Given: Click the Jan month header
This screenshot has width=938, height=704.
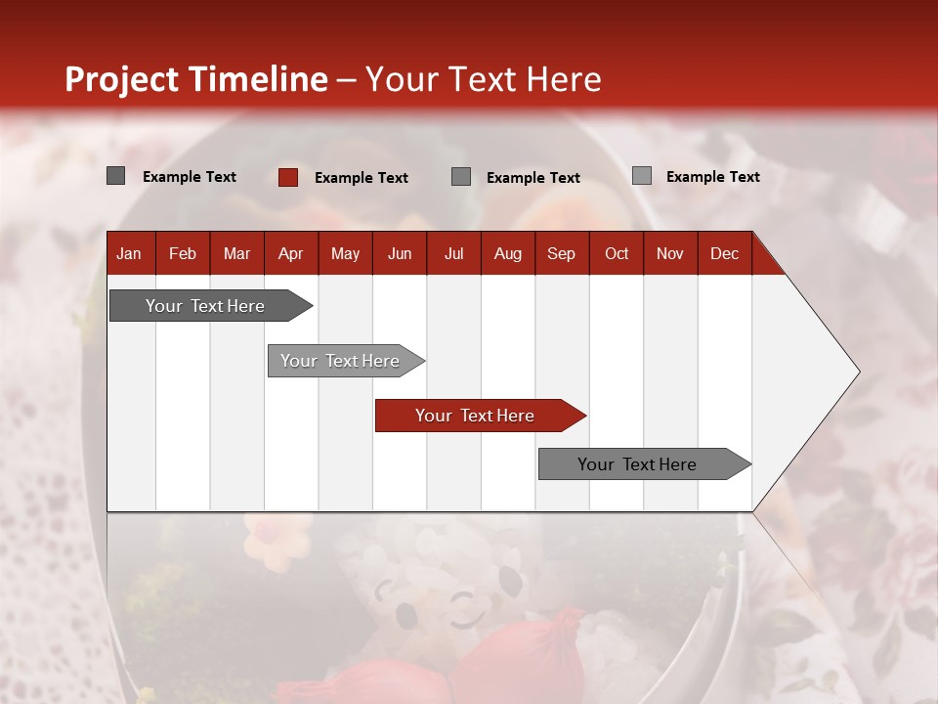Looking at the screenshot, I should pyautogui.click(x=130, y=253).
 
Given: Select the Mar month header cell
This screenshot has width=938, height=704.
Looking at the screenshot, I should pyautogui.click(x=236, y=253).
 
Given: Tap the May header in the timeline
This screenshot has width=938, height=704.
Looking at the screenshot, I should pyautogui.click(x=345, y=253).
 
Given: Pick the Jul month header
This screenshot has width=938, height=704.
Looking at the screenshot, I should pyautogui.click(x=453, y=253).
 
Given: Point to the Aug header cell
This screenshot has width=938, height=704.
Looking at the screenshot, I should pyautogui.click(x=508, y=253).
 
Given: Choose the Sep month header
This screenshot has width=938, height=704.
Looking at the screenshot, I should pyautogui.click(x=562, y=253).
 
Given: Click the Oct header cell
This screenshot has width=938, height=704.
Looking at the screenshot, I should pyautogui.click(x=617, y=253).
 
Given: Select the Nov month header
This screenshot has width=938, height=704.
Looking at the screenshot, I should pyautogui.click(x=670, y=253).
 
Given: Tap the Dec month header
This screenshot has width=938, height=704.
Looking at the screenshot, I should pyautogui.click(x=724, y=253).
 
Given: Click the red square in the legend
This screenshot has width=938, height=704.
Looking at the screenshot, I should pyautogui.click(x=288, y=177).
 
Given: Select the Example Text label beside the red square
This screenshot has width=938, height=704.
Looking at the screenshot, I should pyautogui.click(x=361, y=178).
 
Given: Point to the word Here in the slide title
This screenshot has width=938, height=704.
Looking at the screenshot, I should pyautogui.click(x=564, y=79).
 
